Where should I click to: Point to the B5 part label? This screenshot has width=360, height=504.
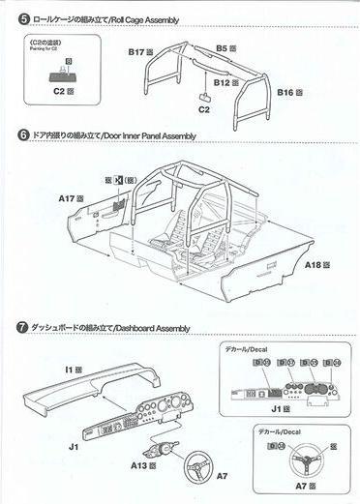(x=225, y=47)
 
